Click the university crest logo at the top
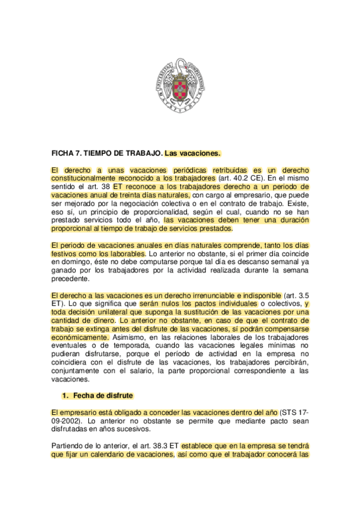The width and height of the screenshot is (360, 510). (180, 85)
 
